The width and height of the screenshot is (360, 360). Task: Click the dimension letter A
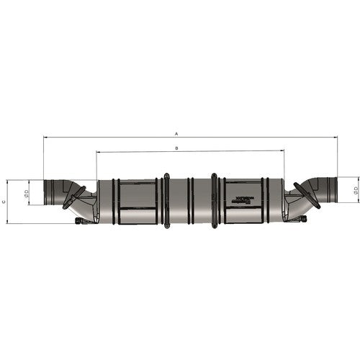176,133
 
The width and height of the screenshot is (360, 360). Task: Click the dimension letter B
176,148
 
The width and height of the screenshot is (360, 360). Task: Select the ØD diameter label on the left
26,193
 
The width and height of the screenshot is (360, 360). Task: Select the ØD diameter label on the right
356,190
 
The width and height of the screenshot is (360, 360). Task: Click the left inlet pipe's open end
46,193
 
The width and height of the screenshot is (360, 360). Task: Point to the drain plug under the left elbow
79,220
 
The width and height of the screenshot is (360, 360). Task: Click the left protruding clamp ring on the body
166,201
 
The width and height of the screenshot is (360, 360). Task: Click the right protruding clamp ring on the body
214,201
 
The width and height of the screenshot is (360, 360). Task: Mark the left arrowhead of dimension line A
45,137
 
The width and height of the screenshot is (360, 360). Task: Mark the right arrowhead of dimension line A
338,137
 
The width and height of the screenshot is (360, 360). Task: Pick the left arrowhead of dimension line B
98,152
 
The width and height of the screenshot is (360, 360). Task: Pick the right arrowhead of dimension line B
283,152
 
